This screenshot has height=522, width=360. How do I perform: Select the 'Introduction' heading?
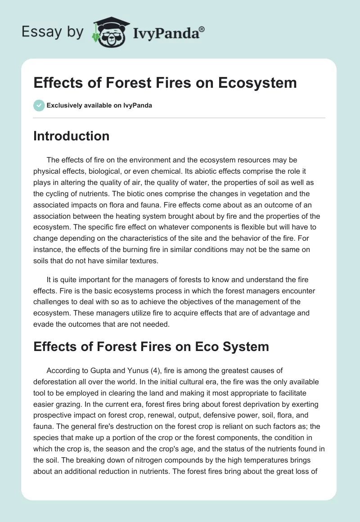click(x=71, y=136)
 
